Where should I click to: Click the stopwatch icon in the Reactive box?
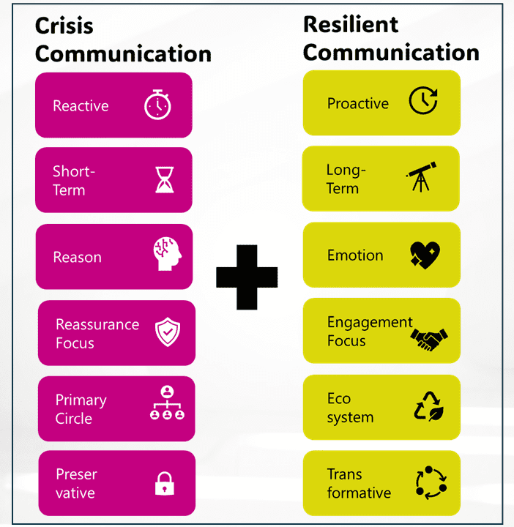(157, 105)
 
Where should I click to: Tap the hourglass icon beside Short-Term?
(165, 180)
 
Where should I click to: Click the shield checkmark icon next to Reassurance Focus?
(168, 332)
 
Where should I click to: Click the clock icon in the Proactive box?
(422, 102)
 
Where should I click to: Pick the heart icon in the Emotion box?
(425, 255)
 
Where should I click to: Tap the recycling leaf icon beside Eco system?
(429, 406)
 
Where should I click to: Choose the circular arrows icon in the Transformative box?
(431, 483)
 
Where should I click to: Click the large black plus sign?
(247, 277)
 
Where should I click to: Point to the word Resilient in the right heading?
(351, 24)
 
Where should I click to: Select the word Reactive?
(81, 106)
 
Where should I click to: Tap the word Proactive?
(358, 103)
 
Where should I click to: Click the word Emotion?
(355, 255)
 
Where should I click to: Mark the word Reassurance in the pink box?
(97, 324)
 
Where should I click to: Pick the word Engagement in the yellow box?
(370, 323)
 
